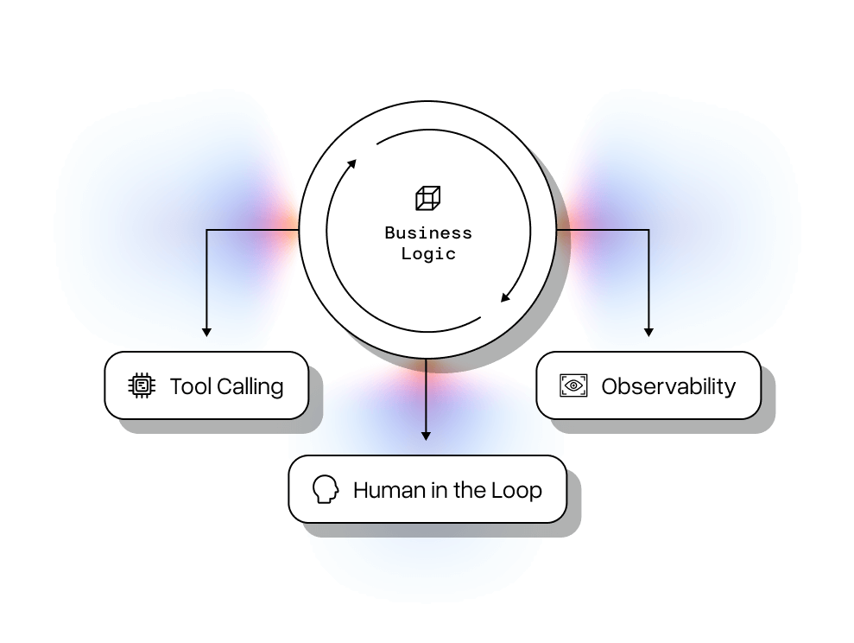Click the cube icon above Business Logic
coord(427,198)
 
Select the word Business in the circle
coord(428,232)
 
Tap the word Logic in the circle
coord(428,254)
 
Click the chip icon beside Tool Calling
coord(142,385)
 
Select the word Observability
coord(668,386)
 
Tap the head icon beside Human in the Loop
coord(325,490)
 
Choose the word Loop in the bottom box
coord(516,490)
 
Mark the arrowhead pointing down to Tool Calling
coord(206,331)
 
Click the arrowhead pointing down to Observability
coord(648,331)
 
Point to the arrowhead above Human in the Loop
coord(426,436)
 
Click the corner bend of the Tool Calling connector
coord(206,230)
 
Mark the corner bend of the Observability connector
coord(648,230)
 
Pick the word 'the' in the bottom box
coord(470,490)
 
